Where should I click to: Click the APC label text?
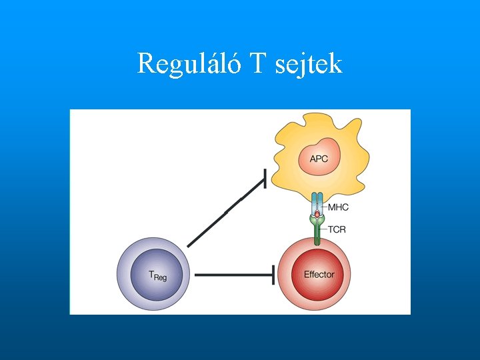319,159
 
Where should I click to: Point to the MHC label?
338,207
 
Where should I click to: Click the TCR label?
337,230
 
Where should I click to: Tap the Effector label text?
319,275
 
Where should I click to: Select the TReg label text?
157,275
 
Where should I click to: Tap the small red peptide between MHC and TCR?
317,213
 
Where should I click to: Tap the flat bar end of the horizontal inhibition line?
273,274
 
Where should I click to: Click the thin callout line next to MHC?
325,207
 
